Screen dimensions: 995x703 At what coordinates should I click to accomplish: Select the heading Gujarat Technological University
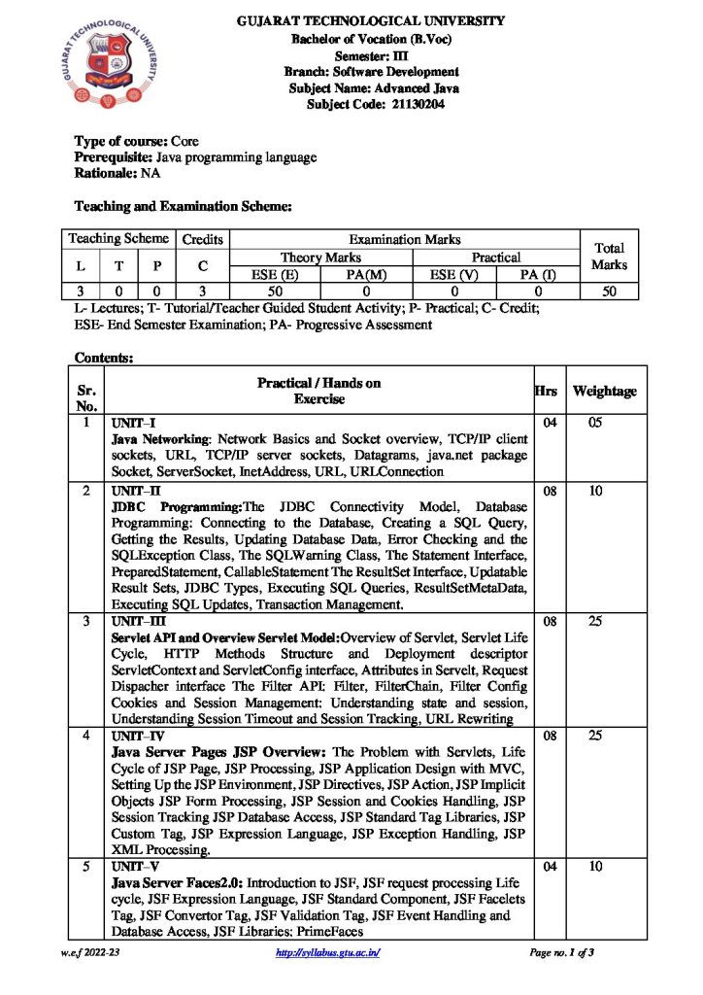point(372,20)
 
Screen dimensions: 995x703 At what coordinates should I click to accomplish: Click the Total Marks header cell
point(609,256)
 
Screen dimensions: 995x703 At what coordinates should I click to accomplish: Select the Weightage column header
point(604,391)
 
